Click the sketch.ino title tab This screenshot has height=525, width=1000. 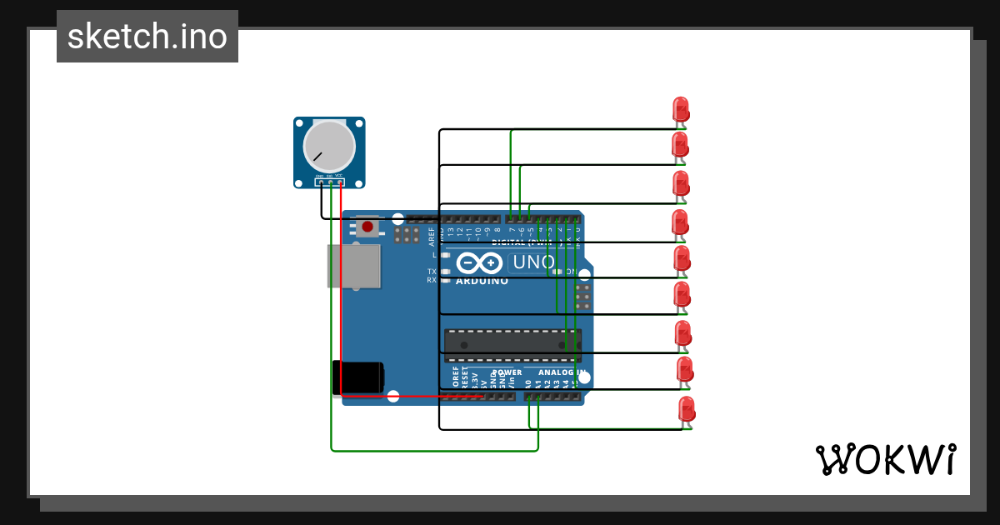click(x=147, y=37)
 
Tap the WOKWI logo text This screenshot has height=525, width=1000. click(x=884, y=459)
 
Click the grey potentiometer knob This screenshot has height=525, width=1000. click(x=328, y=146)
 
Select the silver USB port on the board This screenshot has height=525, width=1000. click(x=354, y=266)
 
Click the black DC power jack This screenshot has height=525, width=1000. click(x=358, y=377)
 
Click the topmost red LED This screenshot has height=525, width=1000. click(x=681, y=109)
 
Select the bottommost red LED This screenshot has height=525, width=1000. click(x=687, y=410)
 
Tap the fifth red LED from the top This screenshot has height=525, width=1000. click(x=682, y=258)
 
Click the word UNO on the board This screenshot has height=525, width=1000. click(x=532, y=262)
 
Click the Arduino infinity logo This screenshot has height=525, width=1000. click(x=479, y=263)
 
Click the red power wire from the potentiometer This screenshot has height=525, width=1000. click(x=342, y=292)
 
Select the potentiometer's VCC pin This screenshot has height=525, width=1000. click(x=339, y=181)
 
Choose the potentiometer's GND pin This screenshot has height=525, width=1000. click(x=321, y=181)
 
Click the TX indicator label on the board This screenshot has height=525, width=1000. click(x=432, y=272)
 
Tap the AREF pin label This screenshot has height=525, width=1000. click(x=432, y=237)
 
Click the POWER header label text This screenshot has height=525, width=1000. click(x=507, y=372)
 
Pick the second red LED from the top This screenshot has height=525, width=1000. click(x=680, y=145)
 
